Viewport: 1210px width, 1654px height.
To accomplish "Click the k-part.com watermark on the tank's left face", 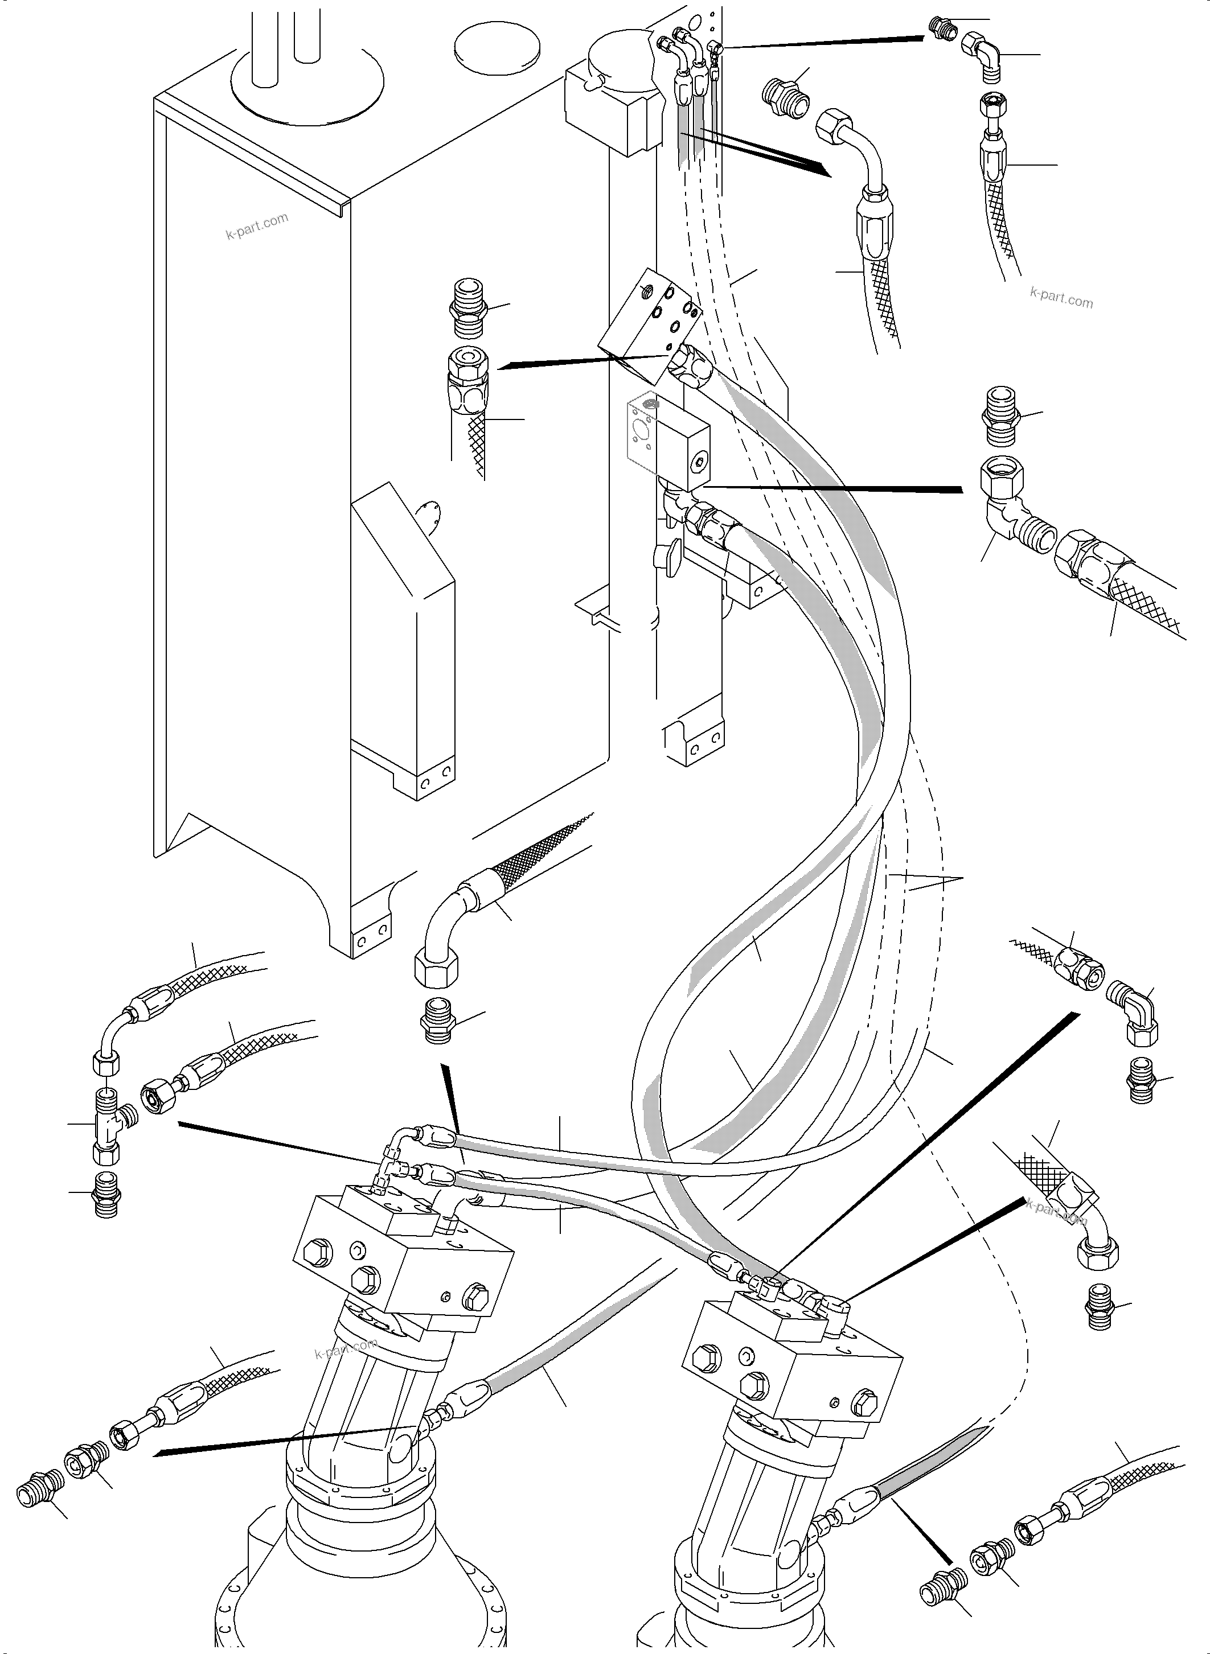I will point(256,227).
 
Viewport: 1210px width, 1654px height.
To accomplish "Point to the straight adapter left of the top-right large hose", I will point(785,95).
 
